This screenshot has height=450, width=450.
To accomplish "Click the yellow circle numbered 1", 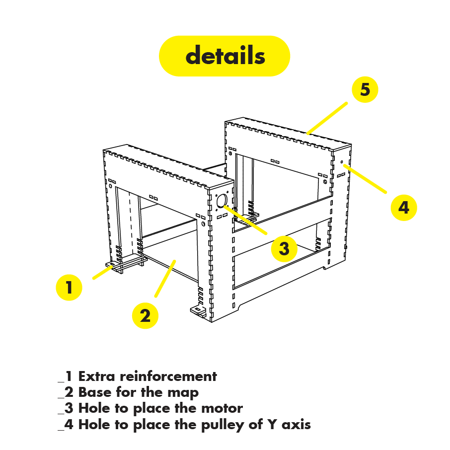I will pos(69,288).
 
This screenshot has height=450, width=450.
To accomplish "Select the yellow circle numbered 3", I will pos(284,248).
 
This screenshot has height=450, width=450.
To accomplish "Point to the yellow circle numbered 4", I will pos(403,207).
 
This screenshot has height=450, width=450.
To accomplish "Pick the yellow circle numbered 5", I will pos(365,90).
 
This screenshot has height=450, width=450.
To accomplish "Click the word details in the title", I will pos(225,56).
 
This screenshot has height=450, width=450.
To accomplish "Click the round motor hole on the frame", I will pos(222,201).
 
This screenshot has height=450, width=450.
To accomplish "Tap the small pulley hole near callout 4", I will pos(342,163).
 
